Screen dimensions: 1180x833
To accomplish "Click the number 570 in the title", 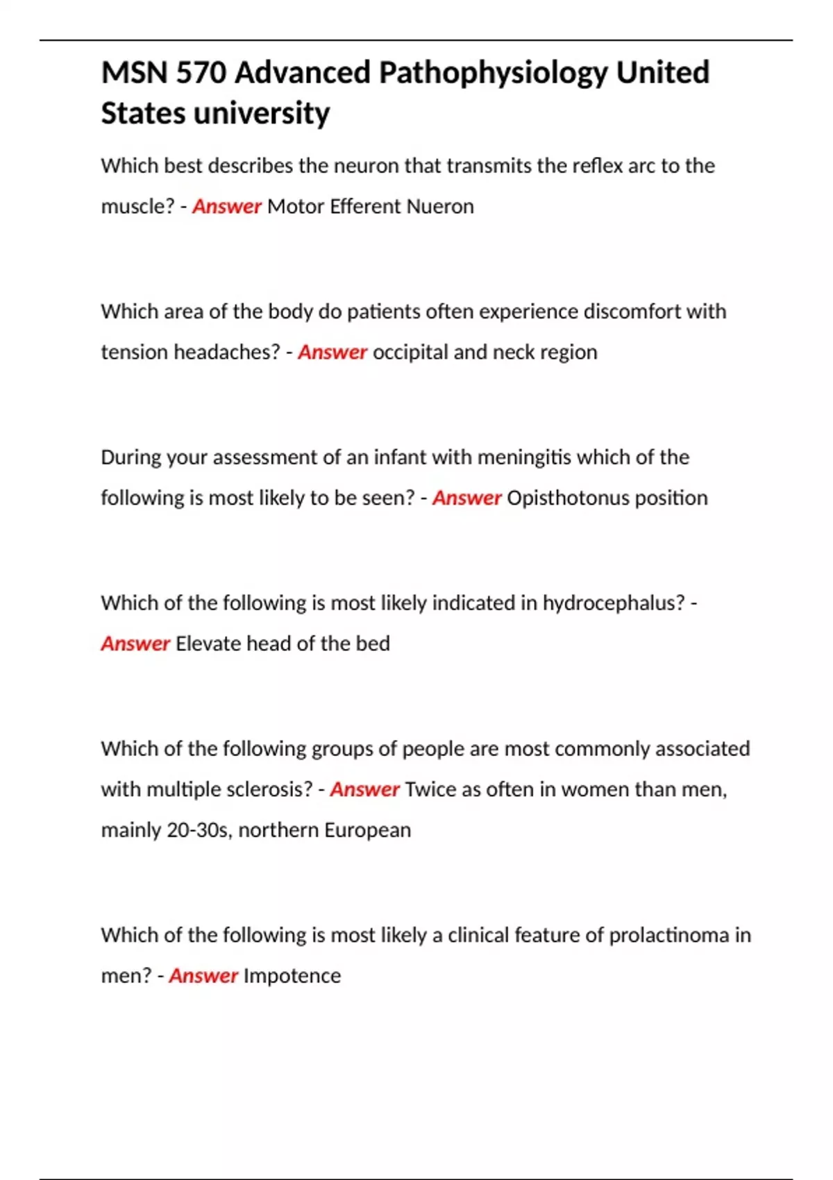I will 201,73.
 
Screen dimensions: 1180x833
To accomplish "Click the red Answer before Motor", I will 226,206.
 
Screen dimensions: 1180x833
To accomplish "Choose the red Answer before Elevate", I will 135,643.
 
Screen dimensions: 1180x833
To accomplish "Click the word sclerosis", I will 271,789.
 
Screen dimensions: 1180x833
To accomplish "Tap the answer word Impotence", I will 292,976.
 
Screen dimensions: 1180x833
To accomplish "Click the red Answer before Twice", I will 364,789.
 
